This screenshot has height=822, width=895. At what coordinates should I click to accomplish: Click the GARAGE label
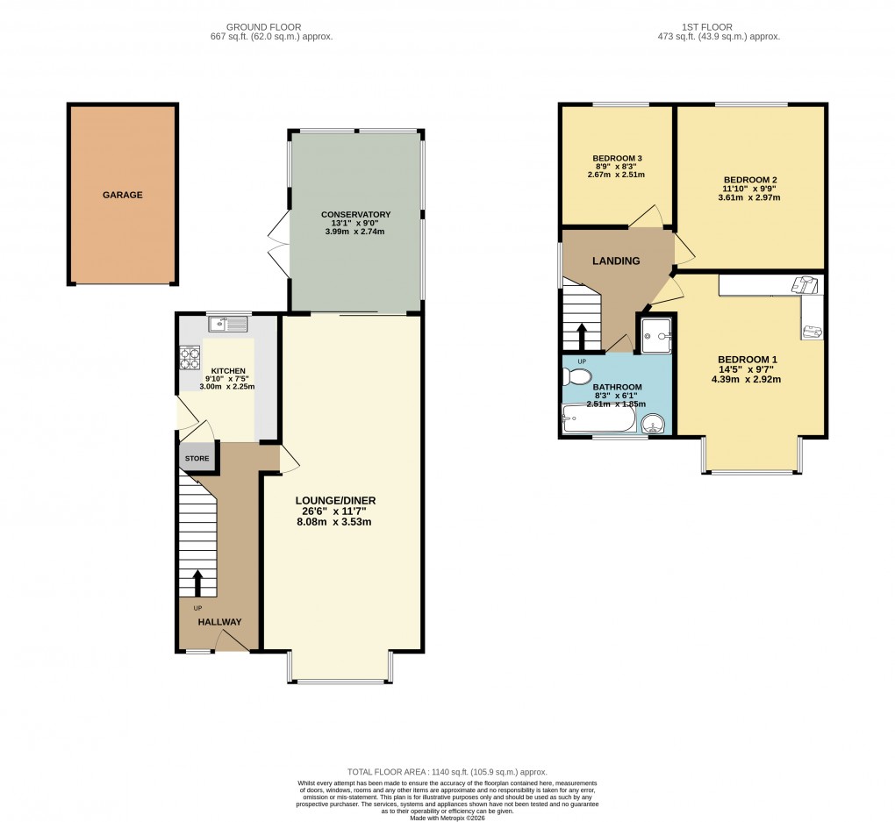pos(123,195)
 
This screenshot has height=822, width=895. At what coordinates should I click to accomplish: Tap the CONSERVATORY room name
pos(355,214)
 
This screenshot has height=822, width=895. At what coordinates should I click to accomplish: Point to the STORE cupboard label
pos(197,458)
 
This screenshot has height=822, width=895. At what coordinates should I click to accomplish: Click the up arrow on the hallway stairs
pos(197,583)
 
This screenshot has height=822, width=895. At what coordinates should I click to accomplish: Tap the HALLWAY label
pos(219,622)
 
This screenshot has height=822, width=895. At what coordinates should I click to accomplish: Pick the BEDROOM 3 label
pos(616,159)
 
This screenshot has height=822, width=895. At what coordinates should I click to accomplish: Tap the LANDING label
pos(616,261)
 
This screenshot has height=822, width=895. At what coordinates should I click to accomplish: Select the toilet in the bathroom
pos(578,377)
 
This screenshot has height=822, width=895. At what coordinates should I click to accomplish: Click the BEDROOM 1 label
pos(748,360)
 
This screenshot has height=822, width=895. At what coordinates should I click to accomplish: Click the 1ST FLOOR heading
pos(718,27)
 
